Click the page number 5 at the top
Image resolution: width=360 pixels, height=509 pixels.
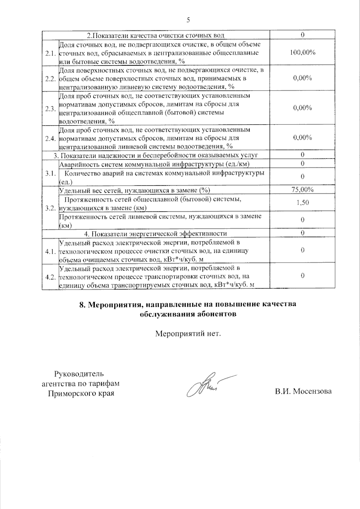(x=188, y=20)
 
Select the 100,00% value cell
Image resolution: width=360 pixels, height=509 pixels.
(x=302, y=52)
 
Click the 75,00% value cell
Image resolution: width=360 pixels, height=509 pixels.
(x=302, y=190)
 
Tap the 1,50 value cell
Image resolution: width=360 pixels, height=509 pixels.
(x=302, y=202)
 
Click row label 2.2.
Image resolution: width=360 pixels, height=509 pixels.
(x=50, y=79)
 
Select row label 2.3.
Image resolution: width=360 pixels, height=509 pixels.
(x=50, y=109)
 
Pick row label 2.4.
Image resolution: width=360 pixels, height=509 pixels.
(x=50, y=138)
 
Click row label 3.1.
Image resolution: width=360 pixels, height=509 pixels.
(x=50, y=173)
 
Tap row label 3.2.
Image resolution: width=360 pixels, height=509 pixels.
(x=50, y=208)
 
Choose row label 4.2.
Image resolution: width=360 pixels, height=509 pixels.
(x=50, y=277)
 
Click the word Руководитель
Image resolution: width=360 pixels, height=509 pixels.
(x=79, y=374)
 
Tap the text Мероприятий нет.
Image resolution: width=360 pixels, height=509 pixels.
(x=188, y=334)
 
